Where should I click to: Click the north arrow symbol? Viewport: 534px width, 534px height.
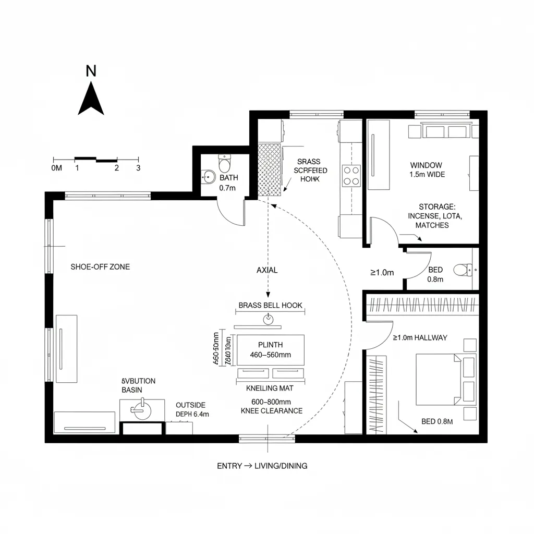coord(91,100)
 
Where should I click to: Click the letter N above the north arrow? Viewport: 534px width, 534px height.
coord(91,71)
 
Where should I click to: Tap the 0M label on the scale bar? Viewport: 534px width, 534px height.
coord(57,168)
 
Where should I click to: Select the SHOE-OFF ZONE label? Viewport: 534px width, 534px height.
coord(100,266)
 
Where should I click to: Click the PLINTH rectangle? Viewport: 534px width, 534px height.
coord(271,350)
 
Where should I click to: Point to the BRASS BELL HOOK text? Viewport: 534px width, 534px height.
coord(270,305)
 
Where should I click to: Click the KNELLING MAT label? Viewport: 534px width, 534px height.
coord(270,388)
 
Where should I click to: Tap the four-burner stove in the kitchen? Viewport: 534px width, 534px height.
coord(350,175)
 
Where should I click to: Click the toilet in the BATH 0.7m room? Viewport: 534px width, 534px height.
coord(225,164)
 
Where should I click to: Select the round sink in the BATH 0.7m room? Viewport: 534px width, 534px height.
coord(209,177)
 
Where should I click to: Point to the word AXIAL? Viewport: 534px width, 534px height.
coord(267,270)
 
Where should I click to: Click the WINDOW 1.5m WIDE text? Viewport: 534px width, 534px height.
coord(427,170)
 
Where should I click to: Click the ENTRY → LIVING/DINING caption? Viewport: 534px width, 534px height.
coord(262,466)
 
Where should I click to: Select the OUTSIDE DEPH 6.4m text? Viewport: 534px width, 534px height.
coord(192,409)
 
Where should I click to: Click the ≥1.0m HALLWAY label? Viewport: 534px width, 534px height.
coord(420,337)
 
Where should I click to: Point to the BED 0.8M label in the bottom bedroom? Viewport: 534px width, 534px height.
coord(437,421)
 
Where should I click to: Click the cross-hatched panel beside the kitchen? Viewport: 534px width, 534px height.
coord(270,169)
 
